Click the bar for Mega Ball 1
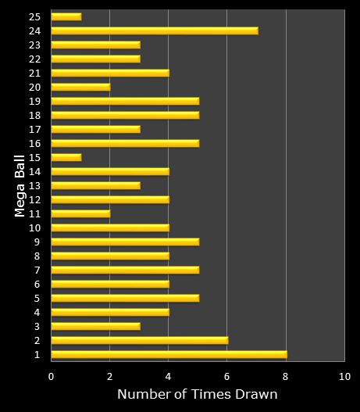point(169,354)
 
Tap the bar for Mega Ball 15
point(66,157)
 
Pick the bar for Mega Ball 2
point(139,340)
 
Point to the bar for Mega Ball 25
point(66,16)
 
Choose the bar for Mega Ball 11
point(80,213)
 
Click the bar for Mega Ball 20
point(80,87)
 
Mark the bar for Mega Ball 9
point(125,242)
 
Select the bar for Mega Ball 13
point(95,185)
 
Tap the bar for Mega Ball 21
point(110,73)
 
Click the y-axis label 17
point(35,129)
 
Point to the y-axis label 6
point(37,284)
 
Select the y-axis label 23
point(35,45)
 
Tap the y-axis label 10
point(35,227)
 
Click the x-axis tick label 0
point(52,375)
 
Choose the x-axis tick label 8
point(286,375)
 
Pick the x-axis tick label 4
point(169,375)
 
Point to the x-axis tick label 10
point(344,375)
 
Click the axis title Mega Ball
point(20,185)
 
